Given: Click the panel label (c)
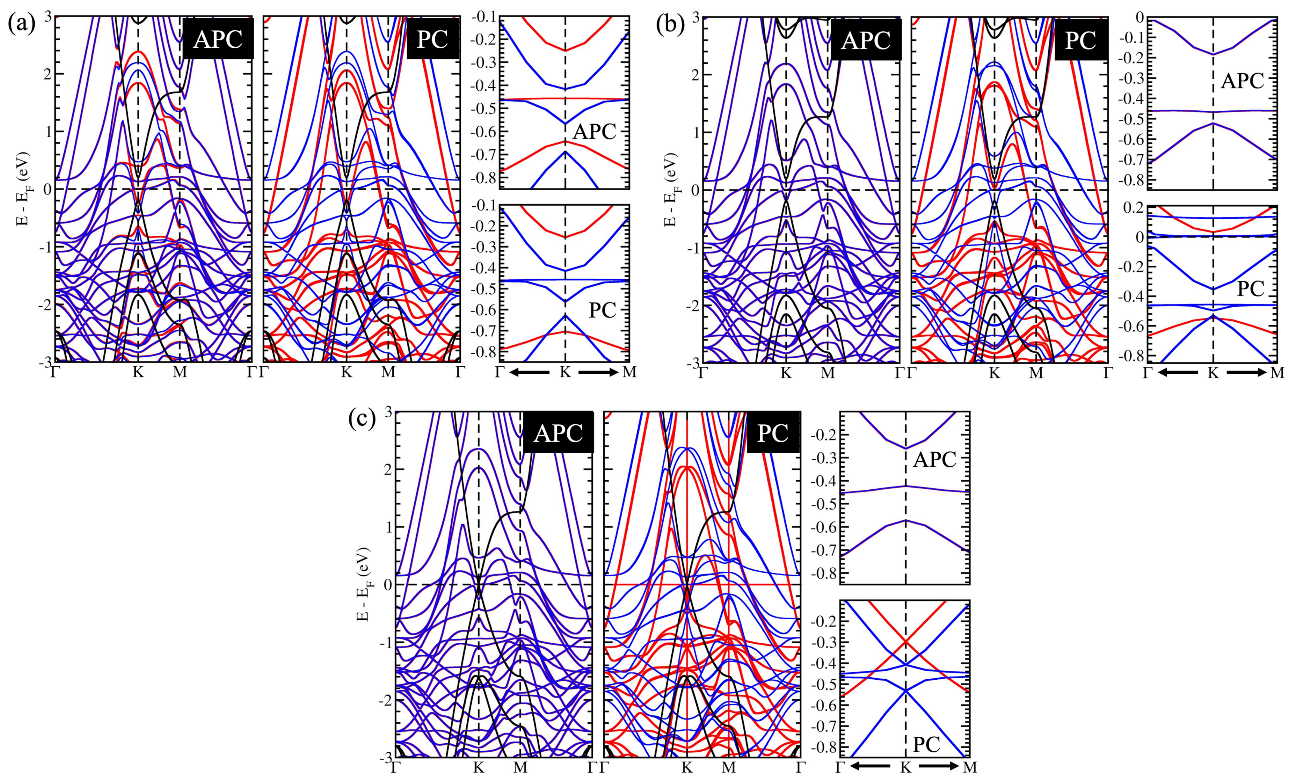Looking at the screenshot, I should pyautogui.click(x=362, y=420).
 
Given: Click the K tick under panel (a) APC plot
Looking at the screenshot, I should pyautogui.click(x=138, y=373).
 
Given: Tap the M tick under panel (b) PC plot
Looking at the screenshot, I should pyautogui.click(x=1036, y=373).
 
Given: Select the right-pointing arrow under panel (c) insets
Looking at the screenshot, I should pyautogui.click(x=938, y=767).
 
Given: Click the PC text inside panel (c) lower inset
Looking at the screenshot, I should pyautogui.click(x=927, y=744).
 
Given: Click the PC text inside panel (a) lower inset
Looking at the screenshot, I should pyautogui.click(x=602, y=310).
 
